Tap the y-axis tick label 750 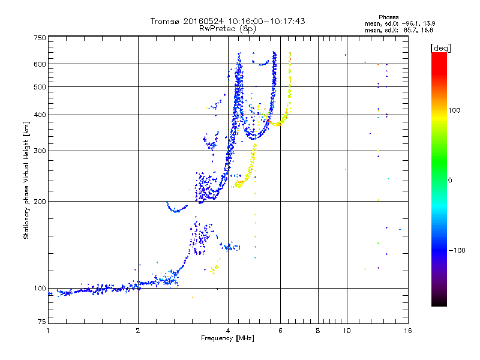pyautogui.click(x=40, y=38)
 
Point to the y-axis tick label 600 pyautogui.click(x=40, y=64)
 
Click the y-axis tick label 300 pyautogui.click(x=40, y=151)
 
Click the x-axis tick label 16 pyautogui.click(x=407, y=331)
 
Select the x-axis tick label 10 pyautogui.click(x=346, y=331)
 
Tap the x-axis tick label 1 pyautogui.click(x=48, y=331)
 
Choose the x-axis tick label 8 pyautogui.click(x=318, y=331)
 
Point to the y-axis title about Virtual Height pyautogui.click(x=26, y=181)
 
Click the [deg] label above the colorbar pyautogui.click(x=440, y=47)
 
